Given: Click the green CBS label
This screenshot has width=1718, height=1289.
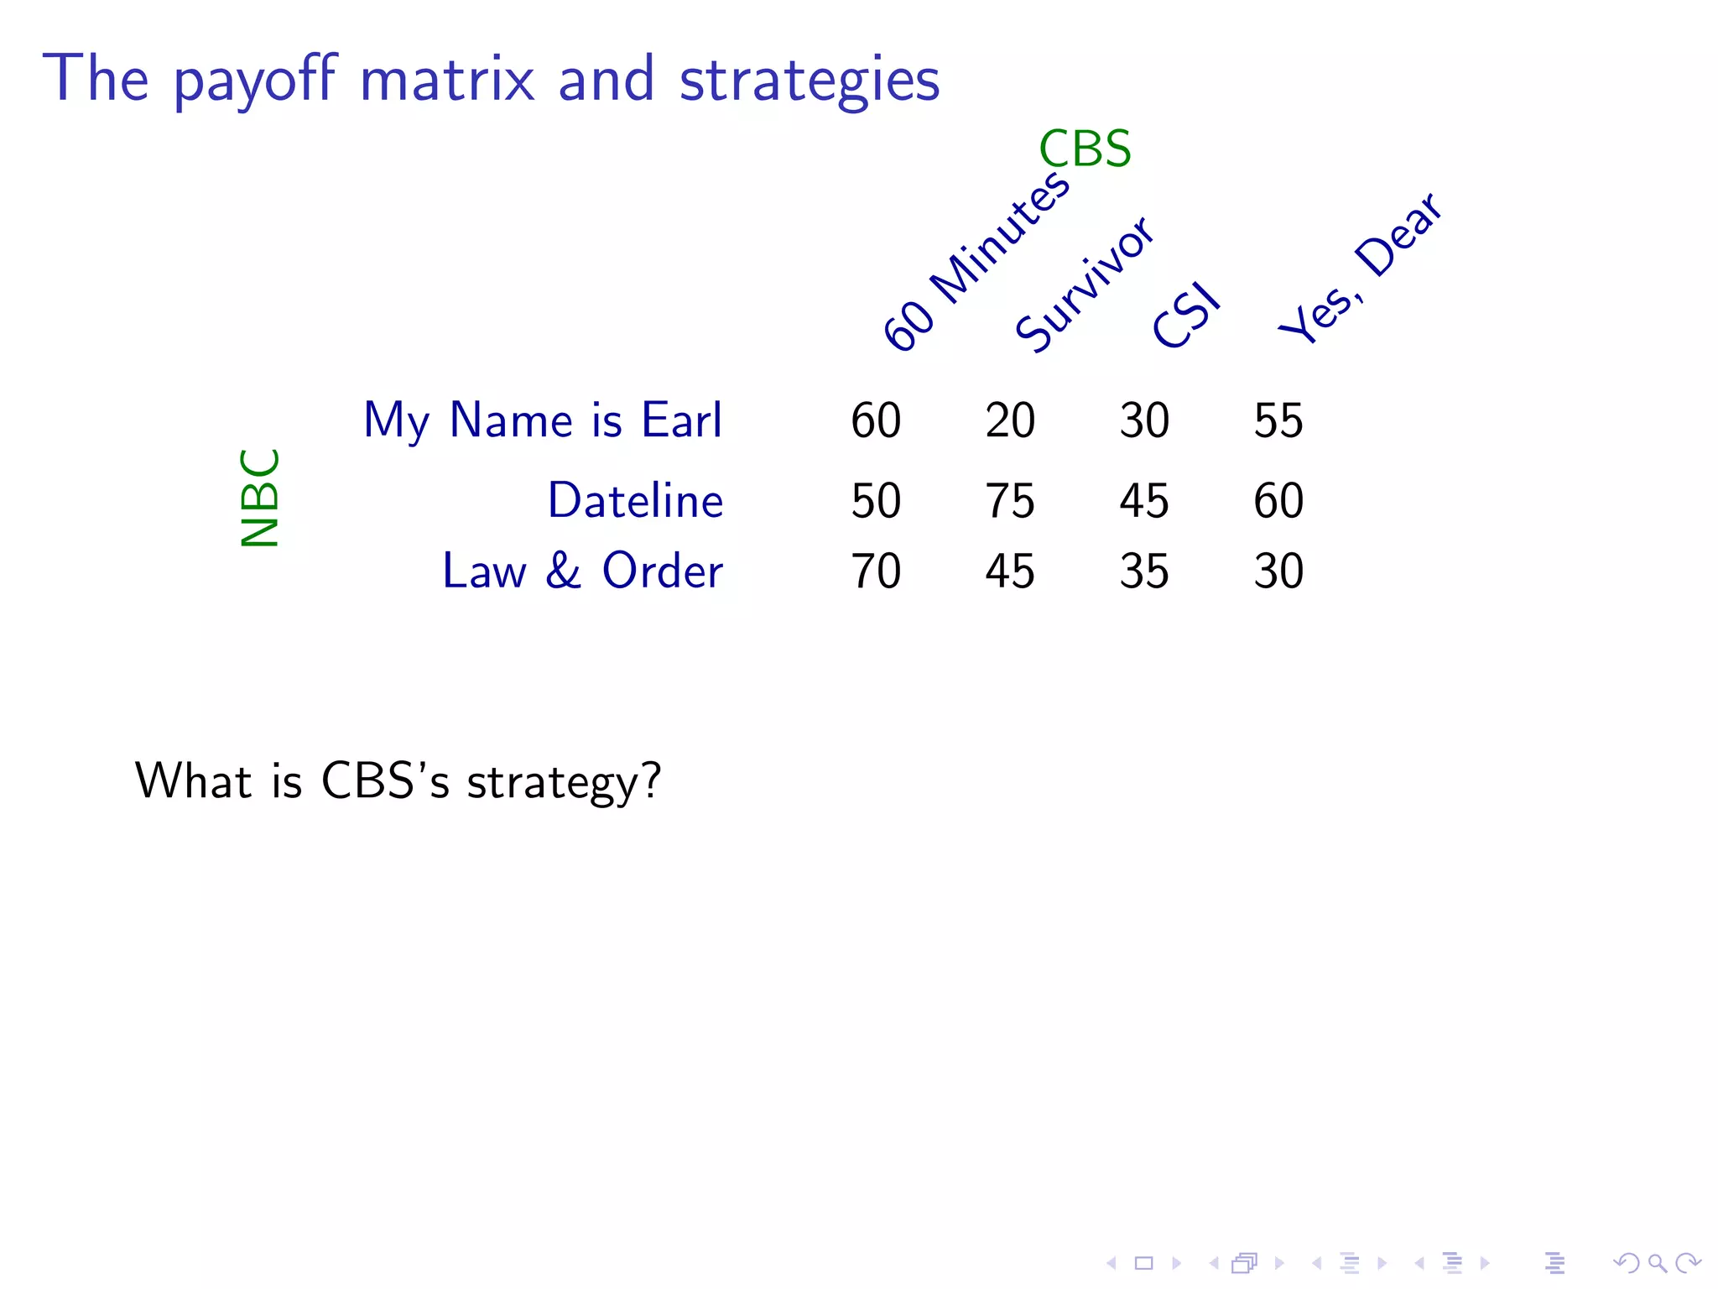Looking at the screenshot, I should pos(1085,149).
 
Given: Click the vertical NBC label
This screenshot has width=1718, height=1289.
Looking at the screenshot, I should pos(260,498).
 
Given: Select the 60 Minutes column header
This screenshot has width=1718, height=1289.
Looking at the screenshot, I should pos(976,261).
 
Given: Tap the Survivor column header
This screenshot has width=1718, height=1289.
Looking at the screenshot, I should pos(1084,284).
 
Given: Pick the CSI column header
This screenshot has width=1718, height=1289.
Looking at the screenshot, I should pos(1185,316).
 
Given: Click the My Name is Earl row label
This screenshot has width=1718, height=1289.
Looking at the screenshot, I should pos(542,420).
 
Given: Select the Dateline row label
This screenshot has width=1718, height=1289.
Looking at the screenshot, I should pos(635,501).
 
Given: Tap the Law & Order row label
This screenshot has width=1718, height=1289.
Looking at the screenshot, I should pos(582,571).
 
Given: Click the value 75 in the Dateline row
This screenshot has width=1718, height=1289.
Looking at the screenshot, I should pos(1010,501).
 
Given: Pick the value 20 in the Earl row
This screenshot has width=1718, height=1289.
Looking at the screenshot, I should pos(1010,420).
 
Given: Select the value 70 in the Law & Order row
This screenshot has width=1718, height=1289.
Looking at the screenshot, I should pos(876,571).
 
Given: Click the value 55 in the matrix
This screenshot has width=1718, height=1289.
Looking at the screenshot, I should pos(1278,420).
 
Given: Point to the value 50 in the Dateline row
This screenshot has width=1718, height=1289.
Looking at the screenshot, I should pos(876,501).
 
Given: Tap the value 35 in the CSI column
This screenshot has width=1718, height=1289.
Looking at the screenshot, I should pos(1144,571).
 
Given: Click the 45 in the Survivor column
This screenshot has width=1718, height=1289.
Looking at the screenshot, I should pos(1010,571).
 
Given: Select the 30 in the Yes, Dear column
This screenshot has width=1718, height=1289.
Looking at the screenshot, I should pos(1278,571).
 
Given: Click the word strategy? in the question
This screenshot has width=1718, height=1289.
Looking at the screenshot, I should pos(564,782).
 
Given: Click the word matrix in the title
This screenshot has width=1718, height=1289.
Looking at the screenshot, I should pos(446,80).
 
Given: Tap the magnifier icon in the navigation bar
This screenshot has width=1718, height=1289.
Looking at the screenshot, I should pos(1657,1263).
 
